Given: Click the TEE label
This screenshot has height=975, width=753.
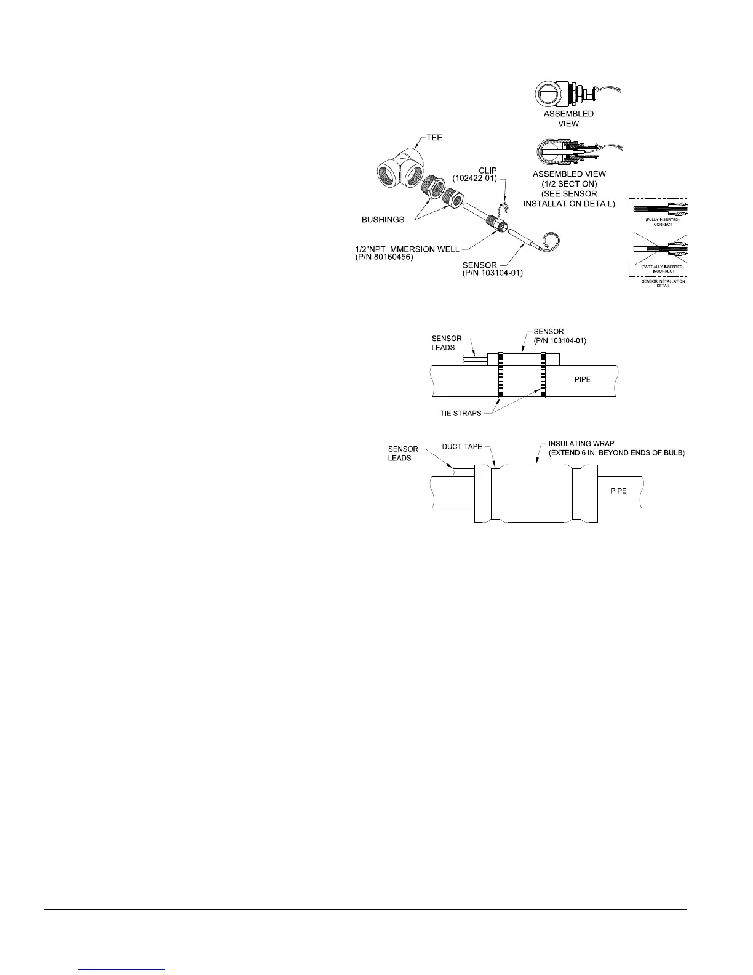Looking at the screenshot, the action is [434, 138].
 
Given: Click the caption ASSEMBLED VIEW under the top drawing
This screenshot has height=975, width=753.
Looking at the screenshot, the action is [568, 119].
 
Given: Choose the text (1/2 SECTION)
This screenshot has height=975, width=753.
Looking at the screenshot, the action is [569, 184].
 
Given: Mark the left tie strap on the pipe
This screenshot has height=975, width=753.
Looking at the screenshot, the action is [501, 375].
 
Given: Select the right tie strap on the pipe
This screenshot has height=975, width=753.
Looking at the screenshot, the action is [544, 375].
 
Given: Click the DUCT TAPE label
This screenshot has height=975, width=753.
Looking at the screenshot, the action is [462, 446].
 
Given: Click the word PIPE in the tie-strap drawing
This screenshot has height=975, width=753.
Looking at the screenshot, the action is [582, 379].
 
